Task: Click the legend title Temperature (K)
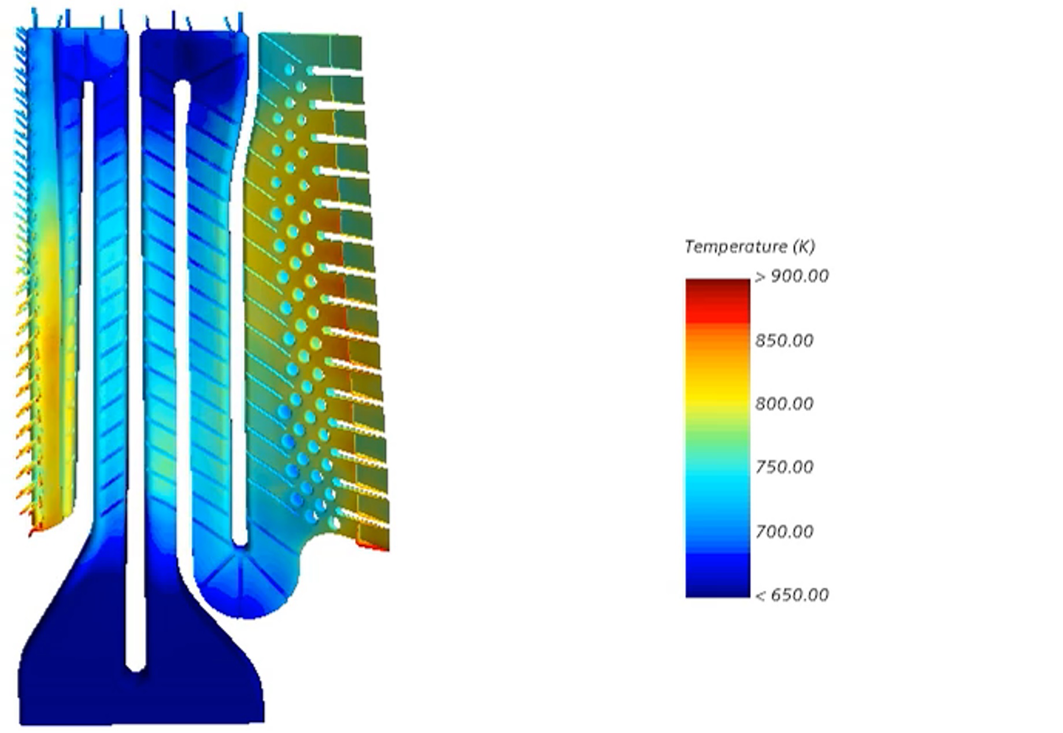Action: pos(749,247)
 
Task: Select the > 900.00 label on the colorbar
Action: pos(792,276)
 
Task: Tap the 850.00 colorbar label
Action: pos(784,340)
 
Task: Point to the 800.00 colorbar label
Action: pos(784,403)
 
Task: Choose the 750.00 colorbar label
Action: pos(784,467)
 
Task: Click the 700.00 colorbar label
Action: pos(784,531)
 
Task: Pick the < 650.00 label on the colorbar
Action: pos(792,595)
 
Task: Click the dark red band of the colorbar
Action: pos(717,289)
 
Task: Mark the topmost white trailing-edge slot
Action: pos(335,72)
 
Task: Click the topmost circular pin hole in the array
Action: pos(289,70)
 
